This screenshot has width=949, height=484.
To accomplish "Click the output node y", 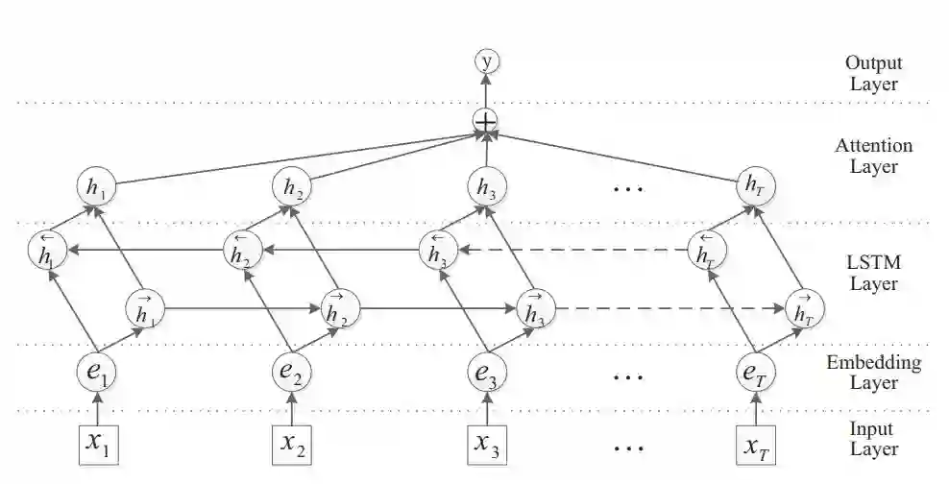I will coord(487,62).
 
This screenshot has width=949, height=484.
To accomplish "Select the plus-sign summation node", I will coord(487,122).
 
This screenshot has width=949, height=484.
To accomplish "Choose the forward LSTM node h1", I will coord(144,308).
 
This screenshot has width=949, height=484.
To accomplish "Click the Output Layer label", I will coord(872,73).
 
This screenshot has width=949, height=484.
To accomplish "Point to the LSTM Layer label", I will coord(872,273).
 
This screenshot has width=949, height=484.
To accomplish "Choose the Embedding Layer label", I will coord(873,373).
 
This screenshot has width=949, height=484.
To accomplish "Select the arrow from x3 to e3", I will coord(487,407).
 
